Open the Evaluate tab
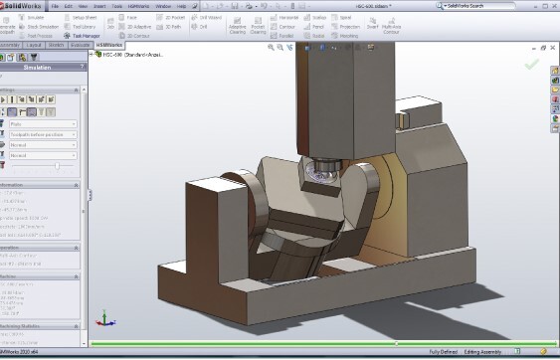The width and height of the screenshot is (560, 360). click(81, 45)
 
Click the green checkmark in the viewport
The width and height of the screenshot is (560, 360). click(531, 64)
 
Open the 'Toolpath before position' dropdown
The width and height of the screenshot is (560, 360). click(46, 135)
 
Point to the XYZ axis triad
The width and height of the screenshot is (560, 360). click(103, 320)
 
